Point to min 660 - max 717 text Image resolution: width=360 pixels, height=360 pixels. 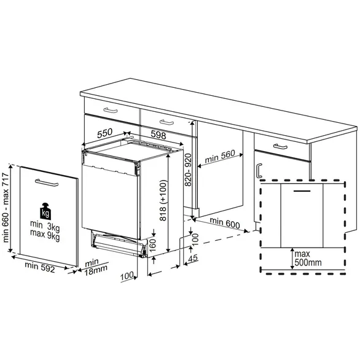pos(7,208)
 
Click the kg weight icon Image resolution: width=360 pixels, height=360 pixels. pos(45,209)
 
